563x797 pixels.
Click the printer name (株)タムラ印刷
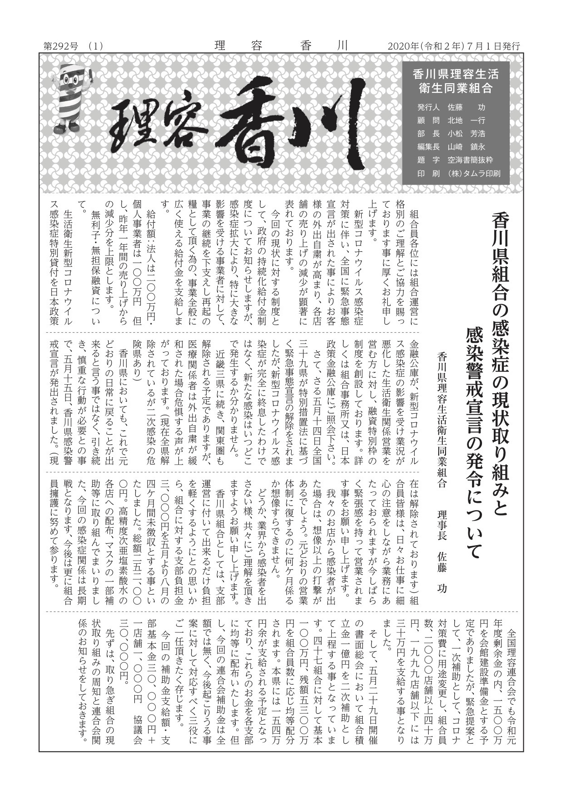pos(474,173)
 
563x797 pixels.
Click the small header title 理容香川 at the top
pos(281,46)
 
